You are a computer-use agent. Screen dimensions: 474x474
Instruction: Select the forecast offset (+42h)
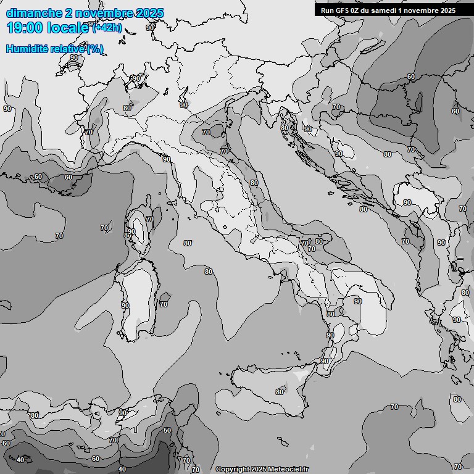[x=107, y=28]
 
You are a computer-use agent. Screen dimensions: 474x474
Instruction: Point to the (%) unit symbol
[x=94, y=49]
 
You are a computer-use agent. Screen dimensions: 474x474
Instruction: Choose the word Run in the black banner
[x=327, y=10]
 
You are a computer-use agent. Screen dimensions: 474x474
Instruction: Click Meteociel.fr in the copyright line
[x=287, y=470]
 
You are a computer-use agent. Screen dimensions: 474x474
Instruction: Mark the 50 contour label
[x=167, y=430]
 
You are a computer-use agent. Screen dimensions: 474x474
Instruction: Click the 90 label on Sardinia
[x=125, y=306]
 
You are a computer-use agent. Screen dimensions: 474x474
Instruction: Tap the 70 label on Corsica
[x=149, y=220]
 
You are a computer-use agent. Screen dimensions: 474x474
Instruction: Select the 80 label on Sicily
[x=280, y=392]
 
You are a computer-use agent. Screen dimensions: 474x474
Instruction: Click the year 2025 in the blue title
[x=150, y=13]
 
